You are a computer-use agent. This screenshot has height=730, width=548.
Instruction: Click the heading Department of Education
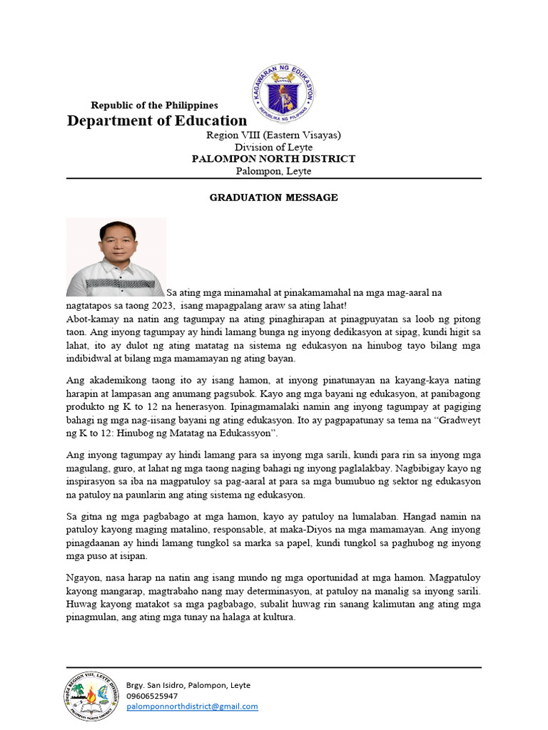[157, 120]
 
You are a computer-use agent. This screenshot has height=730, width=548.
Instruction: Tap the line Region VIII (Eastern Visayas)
[273, 135]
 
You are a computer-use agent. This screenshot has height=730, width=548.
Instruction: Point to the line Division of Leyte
[273, 147]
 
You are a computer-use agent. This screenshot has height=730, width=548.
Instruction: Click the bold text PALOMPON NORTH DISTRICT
[273, 159]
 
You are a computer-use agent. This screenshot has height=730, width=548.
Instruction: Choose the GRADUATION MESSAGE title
[273, 197]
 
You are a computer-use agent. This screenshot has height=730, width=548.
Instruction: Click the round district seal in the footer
[91, 695]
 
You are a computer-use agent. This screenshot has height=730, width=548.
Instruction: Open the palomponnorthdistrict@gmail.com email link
[192, 706]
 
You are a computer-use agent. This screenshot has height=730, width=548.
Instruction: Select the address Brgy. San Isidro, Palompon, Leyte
[188, 685]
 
